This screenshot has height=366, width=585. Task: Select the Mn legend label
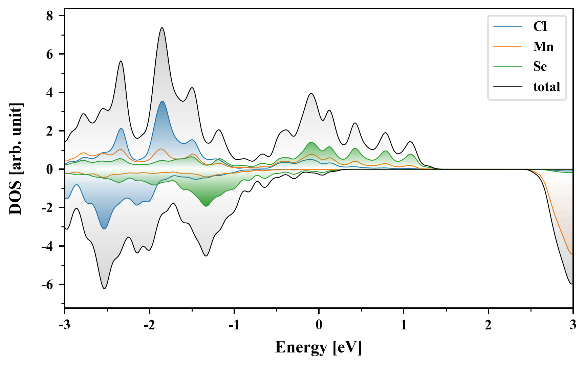pos(543,46)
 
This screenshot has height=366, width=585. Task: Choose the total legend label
pos(546,87)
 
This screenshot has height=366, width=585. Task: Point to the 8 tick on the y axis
pos(50,16)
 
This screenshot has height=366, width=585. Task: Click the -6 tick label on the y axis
pos(47,285)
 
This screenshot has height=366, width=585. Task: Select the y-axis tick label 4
pos(50,93)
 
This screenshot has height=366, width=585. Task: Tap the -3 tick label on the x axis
pos(64,325)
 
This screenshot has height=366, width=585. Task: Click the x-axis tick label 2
pos(488,325)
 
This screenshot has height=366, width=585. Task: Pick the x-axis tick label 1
pos(404,325)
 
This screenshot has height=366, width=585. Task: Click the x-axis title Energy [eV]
pos(319,347)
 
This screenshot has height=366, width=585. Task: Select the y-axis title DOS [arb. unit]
pos(16,159)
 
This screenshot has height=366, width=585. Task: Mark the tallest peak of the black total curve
pos(162,28)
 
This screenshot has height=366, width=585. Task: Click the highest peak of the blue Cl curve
pos(162,101)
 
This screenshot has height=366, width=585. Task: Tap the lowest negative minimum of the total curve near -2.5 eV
pos(105,288)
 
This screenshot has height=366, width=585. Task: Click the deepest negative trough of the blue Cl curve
pos(104,229)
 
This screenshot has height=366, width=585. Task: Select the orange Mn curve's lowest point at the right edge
pos(572,254)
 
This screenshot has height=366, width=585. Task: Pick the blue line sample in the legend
pos(507,26)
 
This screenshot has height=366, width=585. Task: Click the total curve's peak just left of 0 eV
pos(311,94)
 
